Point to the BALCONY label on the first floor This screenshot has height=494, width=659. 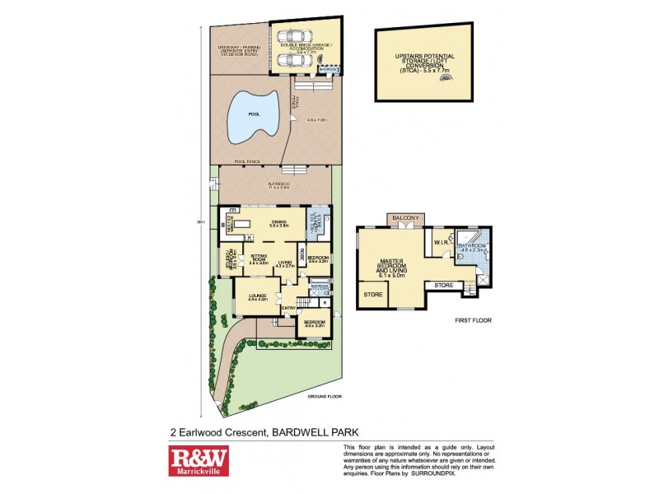405,217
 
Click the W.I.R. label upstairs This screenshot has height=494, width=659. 438,242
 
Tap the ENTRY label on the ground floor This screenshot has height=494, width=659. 288,308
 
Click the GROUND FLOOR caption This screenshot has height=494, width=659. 323,397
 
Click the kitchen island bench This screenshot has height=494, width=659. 245,222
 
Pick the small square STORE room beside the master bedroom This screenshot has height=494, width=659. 372,293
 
